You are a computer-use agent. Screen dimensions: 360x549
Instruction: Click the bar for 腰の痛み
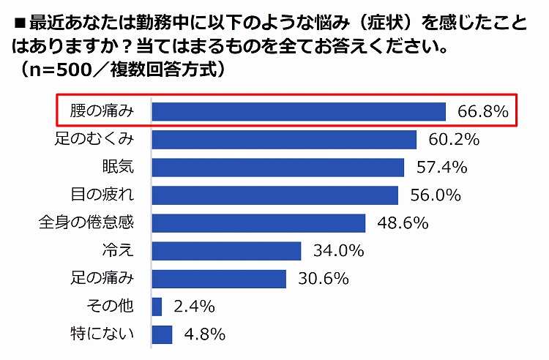click(x=299, y=111)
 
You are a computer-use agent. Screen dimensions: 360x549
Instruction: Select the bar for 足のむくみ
click(x=284, y=139)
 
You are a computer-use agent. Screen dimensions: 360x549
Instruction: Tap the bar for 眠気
click(x=277, y=168)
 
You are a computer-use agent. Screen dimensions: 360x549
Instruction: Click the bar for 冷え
click(x=226, y=251)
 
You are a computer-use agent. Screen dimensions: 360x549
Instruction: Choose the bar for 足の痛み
click(x=219, y=279)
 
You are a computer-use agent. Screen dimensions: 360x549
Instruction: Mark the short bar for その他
click(x=157, y=307)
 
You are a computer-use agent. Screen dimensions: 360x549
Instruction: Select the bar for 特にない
click(x=162, y=334)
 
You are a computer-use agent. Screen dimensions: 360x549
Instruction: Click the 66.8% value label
click(x=483, y=112)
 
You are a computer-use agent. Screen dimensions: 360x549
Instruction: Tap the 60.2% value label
click(x=454, y=139)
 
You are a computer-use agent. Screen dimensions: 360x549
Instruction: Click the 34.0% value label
click(x=338, y=251)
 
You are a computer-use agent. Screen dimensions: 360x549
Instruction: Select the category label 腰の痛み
click(x=102, y=111)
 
